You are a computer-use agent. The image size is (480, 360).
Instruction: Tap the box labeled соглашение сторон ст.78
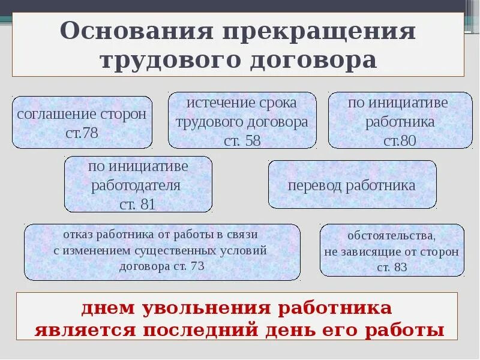pyautogui.click(x=82, y=122)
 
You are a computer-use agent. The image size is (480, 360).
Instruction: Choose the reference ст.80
pyautogui.click(x=400, y=142)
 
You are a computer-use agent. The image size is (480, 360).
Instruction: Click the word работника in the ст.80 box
pyautogui.click(x=400, y=122)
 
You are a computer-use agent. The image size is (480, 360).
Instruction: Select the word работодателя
pyautogui.click(x=136, y=185)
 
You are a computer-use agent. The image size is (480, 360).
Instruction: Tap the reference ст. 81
pyautogui.click(x=137, y=204)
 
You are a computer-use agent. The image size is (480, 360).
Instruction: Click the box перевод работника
pyautogui.click(x=352, y=185)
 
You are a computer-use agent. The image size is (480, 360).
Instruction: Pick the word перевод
pyautogui.click(x=316, y=185)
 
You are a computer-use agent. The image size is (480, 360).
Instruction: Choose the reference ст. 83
pyautogui.click(x=392, y=268)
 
